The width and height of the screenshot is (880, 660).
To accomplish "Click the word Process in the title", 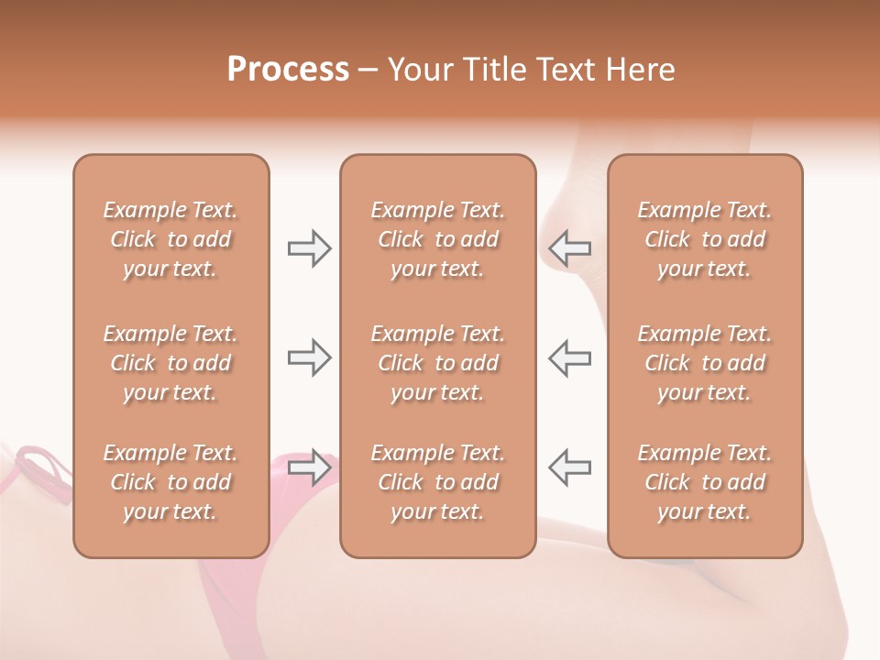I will (288, 69).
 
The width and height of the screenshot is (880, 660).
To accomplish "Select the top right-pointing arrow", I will (309, 248).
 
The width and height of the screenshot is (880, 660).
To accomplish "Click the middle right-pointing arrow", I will (309, 357).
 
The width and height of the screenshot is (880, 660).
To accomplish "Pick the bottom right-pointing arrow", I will (309, 467).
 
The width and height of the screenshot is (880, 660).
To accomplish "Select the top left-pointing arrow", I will (570, 248).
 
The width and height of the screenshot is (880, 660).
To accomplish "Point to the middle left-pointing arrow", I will (570, 357).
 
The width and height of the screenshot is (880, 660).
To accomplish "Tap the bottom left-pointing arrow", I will (570, 467).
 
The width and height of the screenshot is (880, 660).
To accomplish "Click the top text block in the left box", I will (170, 239).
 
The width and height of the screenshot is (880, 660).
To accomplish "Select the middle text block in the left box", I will (170, 363).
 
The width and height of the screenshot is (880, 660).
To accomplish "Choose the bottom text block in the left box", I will (170, 482).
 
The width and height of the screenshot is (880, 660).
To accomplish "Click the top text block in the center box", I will (437, 239).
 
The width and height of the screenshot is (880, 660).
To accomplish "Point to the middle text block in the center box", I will (437, 363).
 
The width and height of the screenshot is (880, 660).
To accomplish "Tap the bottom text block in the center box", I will (437, 482).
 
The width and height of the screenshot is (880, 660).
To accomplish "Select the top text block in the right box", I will (705, 239).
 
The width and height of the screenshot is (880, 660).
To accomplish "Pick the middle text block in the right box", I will (705, 363).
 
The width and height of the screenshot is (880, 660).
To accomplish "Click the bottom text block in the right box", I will (705, 482).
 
